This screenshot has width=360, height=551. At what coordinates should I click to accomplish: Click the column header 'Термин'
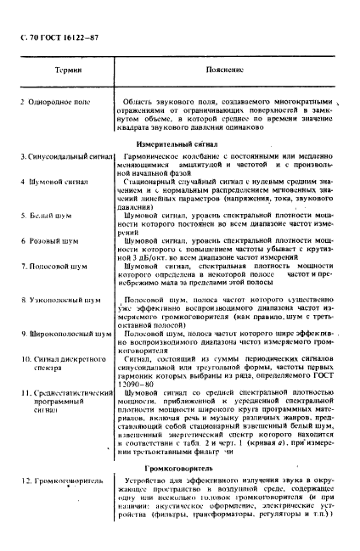click(56, 73)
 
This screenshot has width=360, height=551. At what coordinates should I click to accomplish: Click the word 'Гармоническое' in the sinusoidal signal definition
click(149, 158)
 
